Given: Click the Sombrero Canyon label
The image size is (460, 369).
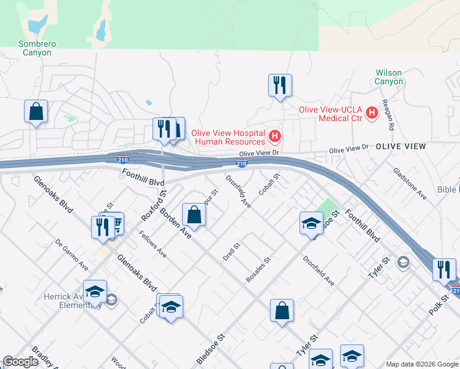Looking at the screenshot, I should (x=23, y=48).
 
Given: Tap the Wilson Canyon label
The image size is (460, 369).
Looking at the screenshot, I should (x=389, y=77).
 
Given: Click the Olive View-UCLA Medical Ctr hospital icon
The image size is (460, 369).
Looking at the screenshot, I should (x=371, y=113).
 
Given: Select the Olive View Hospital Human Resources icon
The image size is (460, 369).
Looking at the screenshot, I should (x=275, y=135).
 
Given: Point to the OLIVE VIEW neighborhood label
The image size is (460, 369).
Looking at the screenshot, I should (x=400, y=146).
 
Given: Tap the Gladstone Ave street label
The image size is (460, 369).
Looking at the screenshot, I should (x=410, y=183).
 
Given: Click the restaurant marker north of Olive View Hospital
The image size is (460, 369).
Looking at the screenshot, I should (x=280, y=85).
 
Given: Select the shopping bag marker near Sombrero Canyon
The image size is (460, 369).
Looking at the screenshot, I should (x=36, y=112).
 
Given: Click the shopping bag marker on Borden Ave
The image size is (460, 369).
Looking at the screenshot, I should (x=194, y=215).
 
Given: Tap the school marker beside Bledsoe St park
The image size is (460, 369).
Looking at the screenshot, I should (x=311, y=223).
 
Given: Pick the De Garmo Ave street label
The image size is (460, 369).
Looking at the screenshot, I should (x=71, y=255).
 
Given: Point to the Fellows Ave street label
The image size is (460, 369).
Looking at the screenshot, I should (x=153, y=244).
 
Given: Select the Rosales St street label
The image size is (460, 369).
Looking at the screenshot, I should (x=258, y=269).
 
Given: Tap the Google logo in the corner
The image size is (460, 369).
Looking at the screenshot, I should (x=20, y=362).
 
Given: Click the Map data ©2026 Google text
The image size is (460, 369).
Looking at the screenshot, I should (x=421, y=364).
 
